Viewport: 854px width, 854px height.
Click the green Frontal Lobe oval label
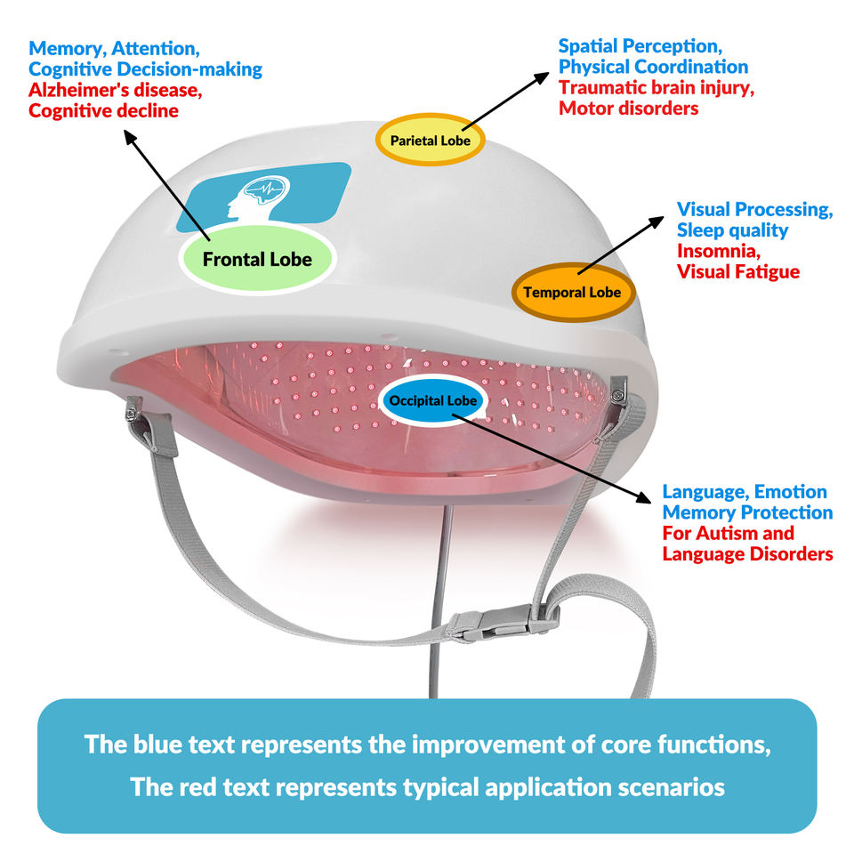pyautogui.click(x=257, y=259)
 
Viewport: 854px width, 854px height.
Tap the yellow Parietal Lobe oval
pyautogui.click(x=431, y=140)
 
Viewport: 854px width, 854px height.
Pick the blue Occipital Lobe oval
pyautogui.click(x=433, y=400)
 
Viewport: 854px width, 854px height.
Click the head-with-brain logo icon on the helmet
pyautogui.click(x=259, y=197)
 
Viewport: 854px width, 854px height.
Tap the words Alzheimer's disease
pyautogui.click(x=116, y=90)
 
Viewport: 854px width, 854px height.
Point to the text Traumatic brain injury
pyautogui.click(x=657, y=87)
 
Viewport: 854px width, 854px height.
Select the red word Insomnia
pyautogui.click(x=719, y=251)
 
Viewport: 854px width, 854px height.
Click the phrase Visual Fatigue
pyautogui.click(x=738, y=272)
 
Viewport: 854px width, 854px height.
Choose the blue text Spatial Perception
pyautogui.click(x=640, y=46)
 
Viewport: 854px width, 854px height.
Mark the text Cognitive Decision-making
pyautogui.click(x=145, y=69)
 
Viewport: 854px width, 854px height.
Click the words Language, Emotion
pyautogui.click(x=745, y=492)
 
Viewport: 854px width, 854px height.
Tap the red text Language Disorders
pyautogui.click(x=747, y=554)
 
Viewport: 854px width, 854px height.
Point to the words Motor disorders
pyautogui.click(x=629, y=109)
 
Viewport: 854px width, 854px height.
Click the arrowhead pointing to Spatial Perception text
pyautogui.click(x=542, y=78)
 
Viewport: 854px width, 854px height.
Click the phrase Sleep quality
pyautogui.click(x=732, y=230)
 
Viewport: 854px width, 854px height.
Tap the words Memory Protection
pyautogui.click(x=747, y=512)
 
